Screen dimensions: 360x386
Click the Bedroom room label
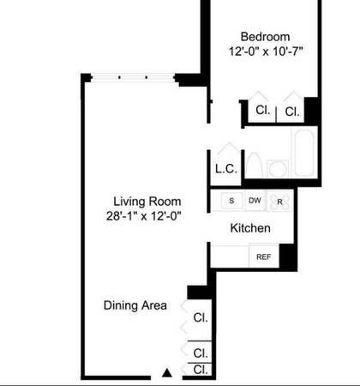coord(265,37)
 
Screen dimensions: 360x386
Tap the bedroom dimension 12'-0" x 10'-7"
coord(266,51)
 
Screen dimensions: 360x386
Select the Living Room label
coord(147,202)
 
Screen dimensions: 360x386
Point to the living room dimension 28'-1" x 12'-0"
coord(144,215)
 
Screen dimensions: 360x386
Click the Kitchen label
coord(250,228)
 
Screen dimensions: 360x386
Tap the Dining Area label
coord(135,305)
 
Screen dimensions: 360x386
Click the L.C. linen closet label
coord(226,169)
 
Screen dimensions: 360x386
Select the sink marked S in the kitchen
coord(232,201)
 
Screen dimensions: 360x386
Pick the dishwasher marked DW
coord(255,201)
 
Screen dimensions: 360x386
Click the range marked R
coord(279,201)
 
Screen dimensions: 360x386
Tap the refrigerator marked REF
coord(264,256)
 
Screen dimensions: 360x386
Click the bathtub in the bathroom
coord(304,153)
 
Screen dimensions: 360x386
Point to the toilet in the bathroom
coord(254,166)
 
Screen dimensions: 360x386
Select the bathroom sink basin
coord(278,169)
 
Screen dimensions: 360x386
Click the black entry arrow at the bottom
coord(167,373)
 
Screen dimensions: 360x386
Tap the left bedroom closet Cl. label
coord(263,110)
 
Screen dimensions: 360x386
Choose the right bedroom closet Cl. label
coord(292,112)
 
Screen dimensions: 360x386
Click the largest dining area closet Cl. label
coord(201,317)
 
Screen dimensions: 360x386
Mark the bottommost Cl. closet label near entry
coord(201,370)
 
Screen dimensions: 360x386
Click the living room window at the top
coord(133,77)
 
